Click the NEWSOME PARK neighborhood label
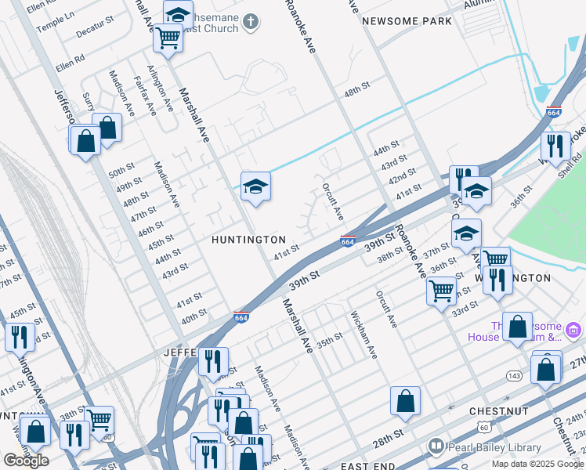coord(407,21)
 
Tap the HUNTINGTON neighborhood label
coord(248,239)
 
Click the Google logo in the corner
coord(26,461)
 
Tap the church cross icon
coord(251,21)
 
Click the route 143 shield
coord(514,375)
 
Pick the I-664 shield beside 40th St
coord(242,316)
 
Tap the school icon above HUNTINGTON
coord(255,186)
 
